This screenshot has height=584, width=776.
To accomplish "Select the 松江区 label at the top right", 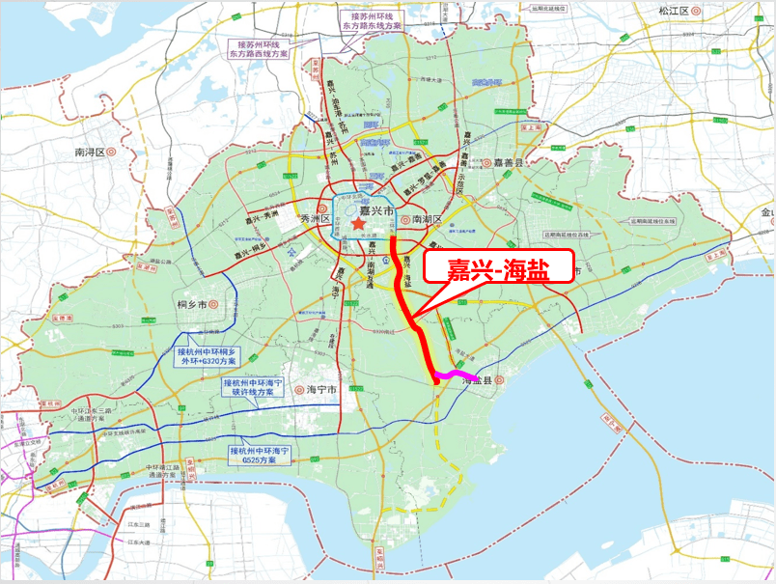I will tap(672, 11).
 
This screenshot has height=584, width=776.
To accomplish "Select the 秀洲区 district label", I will tap(315, 219).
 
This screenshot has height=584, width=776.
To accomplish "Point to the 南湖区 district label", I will tap(427, 219).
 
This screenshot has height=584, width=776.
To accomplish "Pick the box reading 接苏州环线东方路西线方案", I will tap(260, 50).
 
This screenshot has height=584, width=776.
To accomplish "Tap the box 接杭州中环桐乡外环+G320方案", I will tap(205, 357).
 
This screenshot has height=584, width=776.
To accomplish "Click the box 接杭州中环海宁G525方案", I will tap(260, 456).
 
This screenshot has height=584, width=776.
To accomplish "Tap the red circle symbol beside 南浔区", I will tap(112, 153).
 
